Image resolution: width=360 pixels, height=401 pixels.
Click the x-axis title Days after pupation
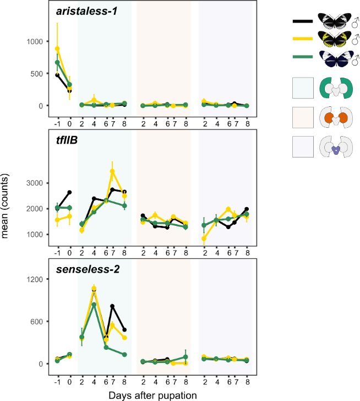[152, 395]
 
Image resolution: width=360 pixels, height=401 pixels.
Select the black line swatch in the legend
[302, 21]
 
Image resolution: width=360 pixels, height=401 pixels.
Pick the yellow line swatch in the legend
[302, 39]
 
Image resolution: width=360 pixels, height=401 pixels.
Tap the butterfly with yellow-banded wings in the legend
[334, 39]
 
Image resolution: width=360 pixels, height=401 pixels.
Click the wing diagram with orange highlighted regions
[334, 118]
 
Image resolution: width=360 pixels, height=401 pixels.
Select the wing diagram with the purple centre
[334, 149]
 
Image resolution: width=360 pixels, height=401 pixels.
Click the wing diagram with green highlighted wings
[334, 87]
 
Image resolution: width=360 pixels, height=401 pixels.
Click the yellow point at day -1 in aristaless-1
[57, 49]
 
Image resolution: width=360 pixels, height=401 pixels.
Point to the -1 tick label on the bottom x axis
[57, 382]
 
